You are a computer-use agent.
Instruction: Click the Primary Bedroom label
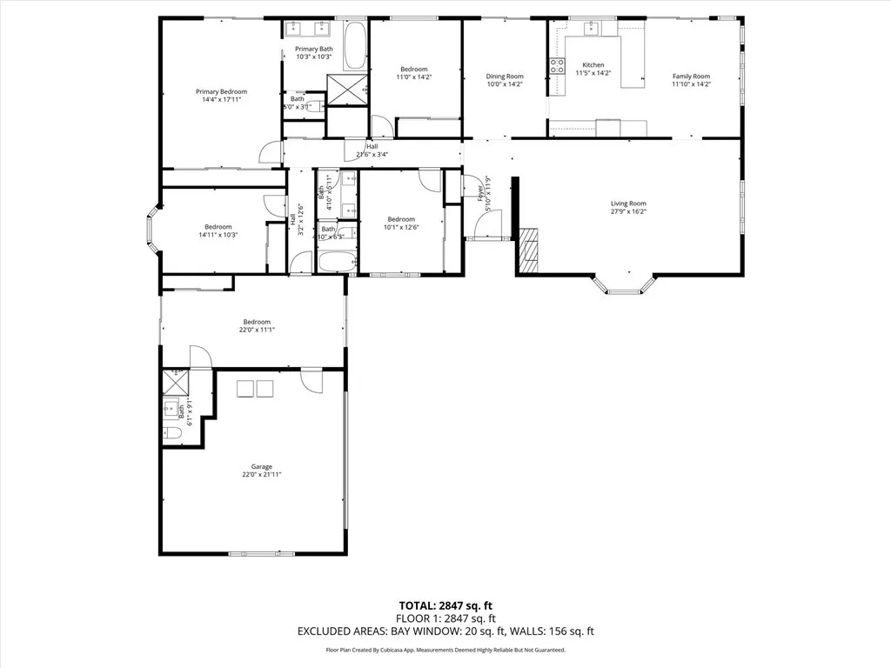tap(221, 91)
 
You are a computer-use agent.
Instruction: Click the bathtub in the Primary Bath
tap(355, 47)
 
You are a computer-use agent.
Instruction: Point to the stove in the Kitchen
tap(556, 66)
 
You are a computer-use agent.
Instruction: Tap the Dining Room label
tap(505, 77)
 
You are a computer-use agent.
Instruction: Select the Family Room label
tap(691, 77)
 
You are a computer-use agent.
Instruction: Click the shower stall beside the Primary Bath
tap(347, 90)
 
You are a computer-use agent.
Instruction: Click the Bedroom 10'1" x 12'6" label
tap(401, 219)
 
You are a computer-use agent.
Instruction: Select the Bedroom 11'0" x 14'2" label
tap(414, 70)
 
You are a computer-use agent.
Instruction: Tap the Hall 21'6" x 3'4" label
tap(372, 147)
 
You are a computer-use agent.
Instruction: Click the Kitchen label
tap(593, 65)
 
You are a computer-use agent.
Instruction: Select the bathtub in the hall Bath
tap(335, 261)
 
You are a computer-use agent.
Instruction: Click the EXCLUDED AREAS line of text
tap(445, 631)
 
